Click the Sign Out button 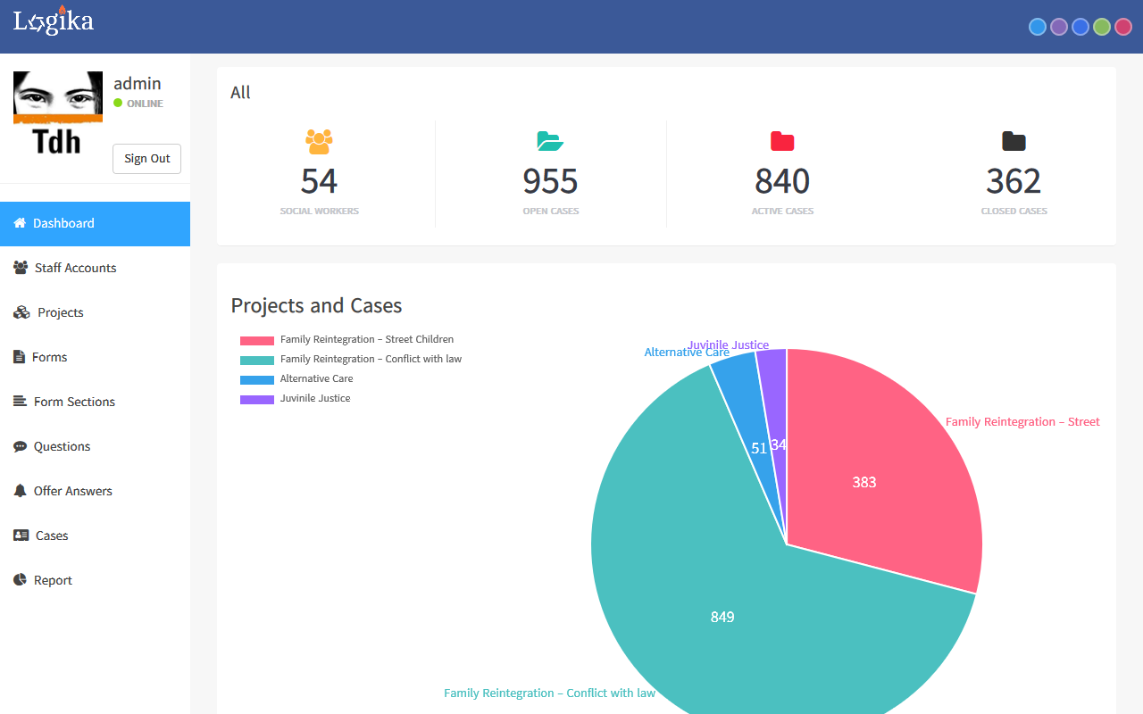[x=146, y=159]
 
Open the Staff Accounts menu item [x=75, y=268]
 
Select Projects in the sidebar [x=60, y=312]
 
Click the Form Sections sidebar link [x=74, y=402]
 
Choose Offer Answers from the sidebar [x=72, y=491]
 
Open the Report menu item [x=53, y=580]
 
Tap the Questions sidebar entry [x=62, y=446]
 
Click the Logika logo [x=54, y=21]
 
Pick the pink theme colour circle [x=1123, y=27]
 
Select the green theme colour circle [x=1102, y=27]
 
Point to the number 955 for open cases [x=550, y=182]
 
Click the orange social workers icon [x=319, y=141]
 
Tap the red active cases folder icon [x=782, y=141]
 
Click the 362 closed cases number [x=1014, y=182]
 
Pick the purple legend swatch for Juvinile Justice [x=257, y=399]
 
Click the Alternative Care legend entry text [x=316, y=379]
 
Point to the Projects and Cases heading [x=316, y=306]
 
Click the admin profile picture [x=58, y=112]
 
